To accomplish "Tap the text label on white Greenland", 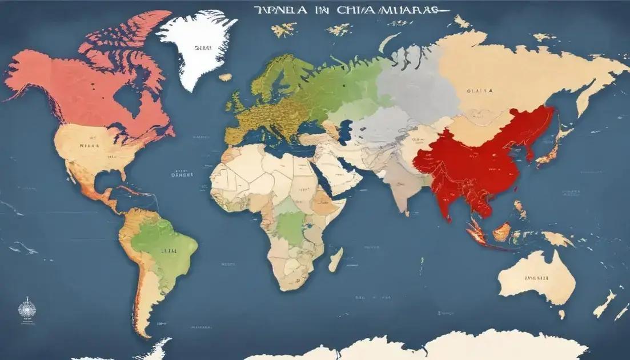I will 200,49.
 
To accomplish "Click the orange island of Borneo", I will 501,231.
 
